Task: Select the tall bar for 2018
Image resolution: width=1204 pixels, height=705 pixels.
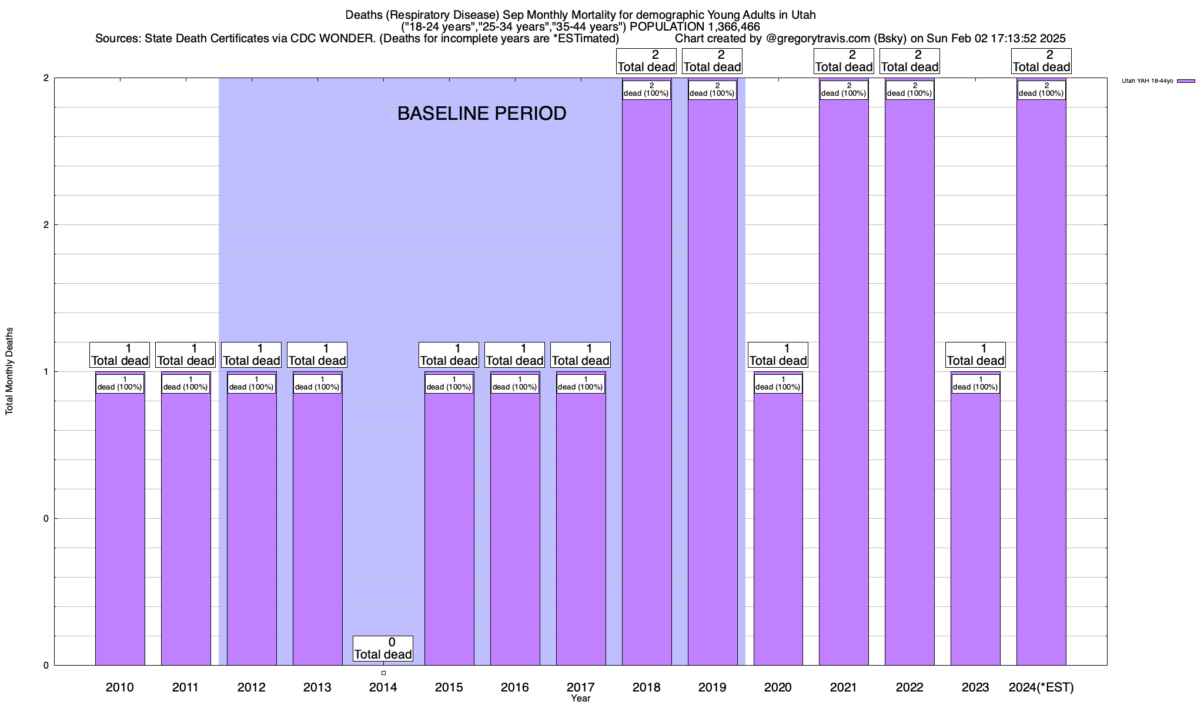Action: point(647,382)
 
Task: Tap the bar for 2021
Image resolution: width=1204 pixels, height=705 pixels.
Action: point(844,382)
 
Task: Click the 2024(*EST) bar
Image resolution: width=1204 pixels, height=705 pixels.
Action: point(1041,382)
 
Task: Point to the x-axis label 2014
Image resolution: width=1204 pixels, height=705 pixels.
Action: point(383,687)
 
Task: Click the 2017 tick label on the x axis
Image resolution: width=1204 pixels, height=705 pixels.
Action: point(580,687)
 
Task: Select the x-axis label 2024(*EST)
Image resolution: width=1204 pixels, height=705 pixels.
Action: point(1041,687)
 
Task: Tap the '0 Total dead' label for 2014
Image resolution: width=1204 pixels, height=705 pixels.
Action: point(383,649)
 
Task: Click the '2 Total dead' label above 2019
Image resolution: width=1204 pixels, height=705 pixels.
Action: point(712,61)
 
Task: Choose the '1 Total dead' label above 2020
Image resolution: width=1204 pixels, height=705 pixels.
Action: point(778,355)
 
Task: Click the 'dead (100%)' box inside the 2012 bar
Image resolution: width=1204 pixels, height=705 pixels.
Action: point(251,384)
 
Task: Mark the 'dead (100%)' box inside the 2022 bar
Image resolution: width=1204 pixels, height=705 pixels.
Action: point(909,90)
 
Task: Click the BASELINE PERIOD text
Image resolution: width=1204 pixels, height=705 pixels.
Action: point(481,113)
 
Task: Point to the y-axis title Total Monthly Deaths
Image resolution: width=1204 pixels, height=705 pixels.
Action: point(9,371)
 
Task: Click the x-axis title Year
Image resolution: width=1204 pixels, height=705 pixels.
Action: point(580,699)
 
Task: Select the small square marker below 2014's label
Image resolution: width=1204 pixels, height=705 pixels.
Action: point(383,673)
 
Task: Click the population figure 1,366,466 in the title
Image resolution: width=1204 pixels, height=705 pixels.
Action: point(724,26)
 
